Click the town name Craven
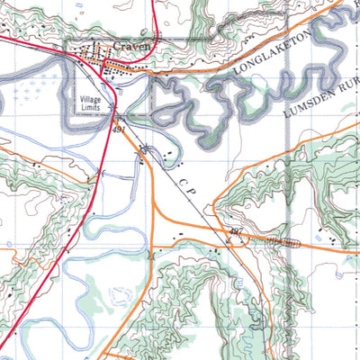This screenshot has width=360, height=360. (130, 48)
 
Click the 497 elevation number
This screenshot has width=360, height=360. (237, 232)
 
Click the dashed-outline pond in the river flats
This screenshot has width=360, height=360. (119, 294)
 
